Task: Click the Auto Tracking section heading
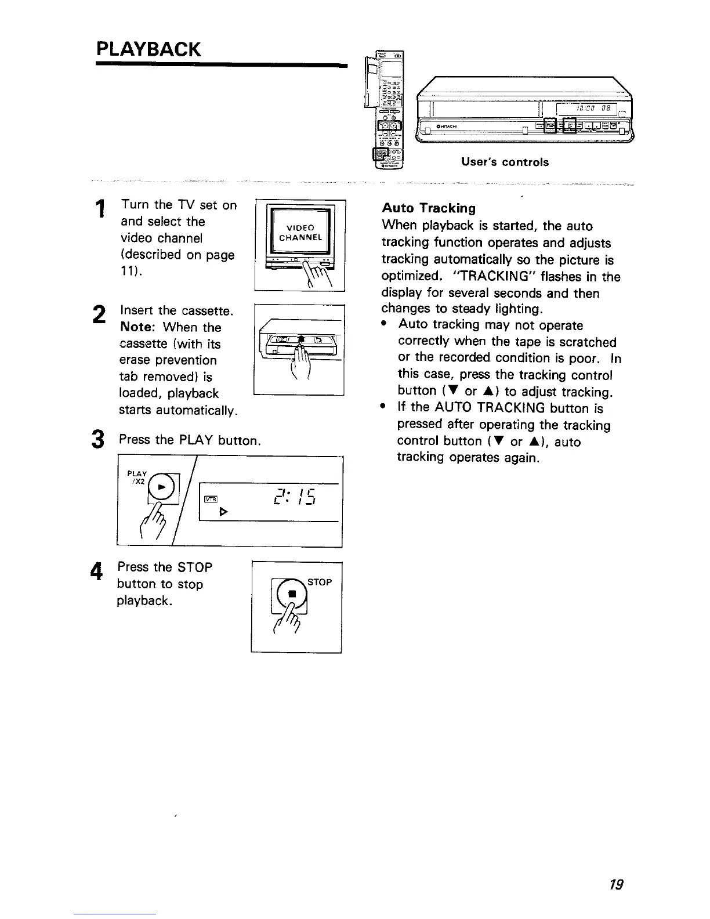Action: pyautogui.click(x=428, y=208)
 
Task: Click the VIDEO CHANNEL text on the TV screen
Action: pyautogui.click(x=300, y=232)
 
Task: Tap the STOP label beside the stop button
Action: pyautogui.click(x=320, y=582)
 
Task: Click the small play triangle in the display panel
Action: pyautogui.click(x=223, y=513)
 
